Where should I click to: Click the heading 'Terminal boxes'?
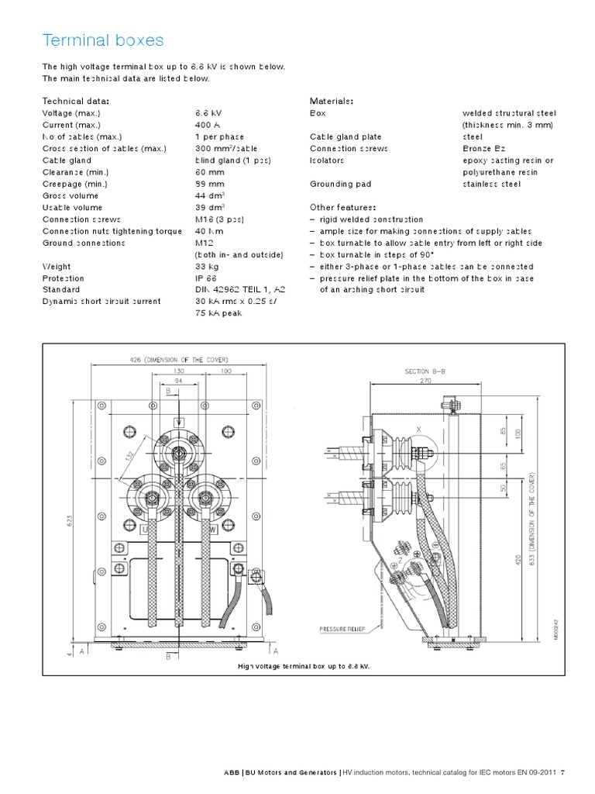[103, 40]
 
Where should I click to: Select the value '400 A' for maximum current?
[208, 125]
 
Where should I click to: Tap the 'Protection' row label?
[64, 278]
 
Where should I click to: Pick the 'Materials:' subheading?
[332, 102]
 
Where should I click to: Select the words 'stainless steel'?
[492, 185]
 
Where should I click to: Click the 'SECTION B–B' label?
[425, 371]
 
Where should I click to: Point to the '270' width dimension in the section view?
[425, 381]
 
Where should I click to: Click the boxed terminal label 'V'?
[179, 421]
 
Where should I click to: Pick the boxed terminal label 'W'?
[212, 530]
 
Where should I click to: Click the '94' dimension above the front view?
[179, 381]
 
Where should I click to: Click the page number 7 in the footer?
[563, 772]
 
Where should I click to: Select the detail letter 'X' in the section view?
[418, 429]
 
